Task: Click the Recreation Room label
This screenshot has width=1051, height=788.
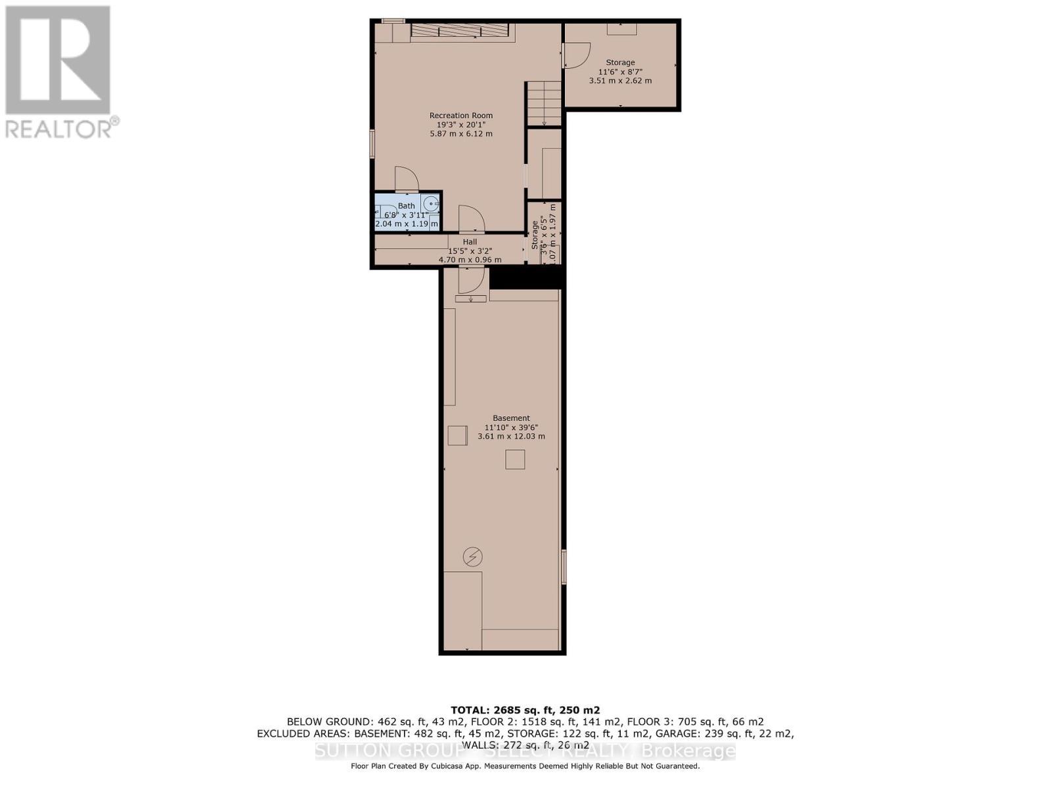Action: [x=460, y=116]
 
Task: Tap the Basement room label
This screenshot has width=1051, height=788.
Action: [x=511, y=418]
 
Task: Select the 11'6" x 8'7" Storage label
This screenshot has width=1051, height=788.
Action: [x=620, y=63]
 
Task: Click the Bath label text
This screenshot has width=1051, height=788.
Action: [x=406, y=206]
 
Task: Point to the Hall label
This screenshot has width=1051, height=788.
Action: [x=469, y=242]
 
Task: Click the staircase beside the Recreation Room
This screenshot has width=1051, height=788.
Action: [x=543, y=103]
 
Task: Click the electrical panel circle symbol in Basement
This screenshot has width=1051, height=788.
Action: [x=472, y=557]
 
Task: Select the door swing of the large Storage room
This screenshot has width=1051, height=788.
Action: [x=576, y=55]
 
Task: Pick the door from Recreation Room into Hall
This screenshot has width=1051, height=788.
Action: [x=471, y=219]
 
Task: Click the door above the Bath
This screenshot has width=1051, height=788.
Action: [x=406, y=179]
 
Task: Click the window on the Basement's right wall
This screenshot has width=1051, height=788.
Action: [x=564, y=567]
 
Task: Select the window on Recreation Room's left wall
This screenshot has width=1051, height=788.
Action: [x=372, y=144]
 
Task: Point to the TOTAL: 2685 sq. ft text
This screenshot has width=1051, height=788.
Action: [x=525, y=710]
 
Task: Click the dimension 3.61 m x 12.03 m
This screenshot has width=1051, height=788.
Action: [x=511, y=437]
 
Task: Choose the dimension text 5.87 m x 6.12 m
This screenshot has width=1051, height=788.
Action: [x=460, y=134]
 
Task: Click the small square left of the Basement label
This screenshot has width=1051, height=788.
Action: [x=457, y=436]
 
